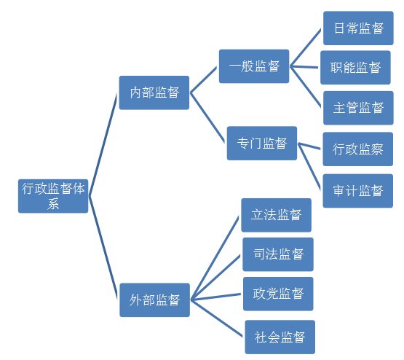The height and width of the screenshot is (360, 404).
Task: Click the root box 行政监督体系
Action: (53, 195)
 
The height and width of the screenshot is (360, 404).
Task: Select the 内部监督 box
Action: (154, 93)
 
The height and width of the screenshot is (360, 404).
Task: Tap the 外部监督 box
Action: (154, 300)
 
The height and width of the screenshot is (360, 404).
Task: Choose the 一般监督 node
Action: (254, 66)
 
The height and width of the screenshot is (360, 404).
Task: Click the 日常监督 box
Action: (358, 28)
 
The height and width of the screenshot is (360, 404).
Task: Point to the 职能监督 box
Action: (355, 68)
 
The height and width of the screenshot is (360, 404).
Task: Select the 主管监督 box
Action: (358, 108)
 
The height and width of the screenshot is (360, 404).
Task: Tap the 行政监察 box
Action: (358, 149)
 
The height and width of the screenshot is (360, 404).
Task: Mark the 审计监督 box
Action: (358, 190)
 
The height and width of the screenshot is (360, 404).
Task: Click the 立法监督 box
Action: (276, 215)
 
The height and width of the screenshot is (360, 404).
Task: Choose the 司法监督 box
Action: (278, 254)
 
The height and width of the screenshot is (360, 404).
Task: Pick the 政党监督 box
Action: (278, 294)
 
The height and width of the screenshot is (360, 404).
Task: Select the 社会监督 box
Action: (280, 337)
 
